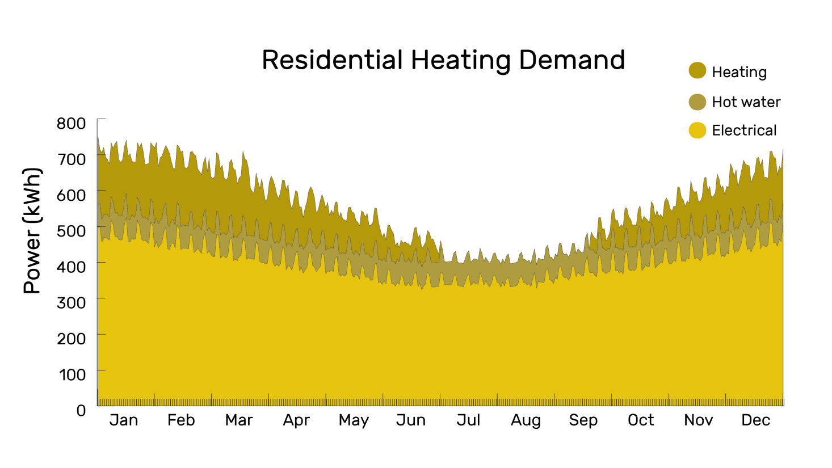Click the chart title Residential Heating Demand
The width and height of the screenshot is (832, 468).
[x=443, y=60]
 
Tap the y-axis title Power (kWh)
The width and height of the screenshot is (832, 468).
[x=32, y=231]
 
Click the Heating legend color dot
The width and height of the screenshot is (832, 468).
[x=697, y=71]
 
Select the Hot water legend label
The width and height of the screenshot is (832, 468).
[x=746, y=102]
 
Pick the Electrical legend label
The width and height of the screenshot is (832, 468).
[x=743, y=130]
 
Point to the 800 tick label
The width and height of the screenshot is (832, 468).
[x=71, y=123]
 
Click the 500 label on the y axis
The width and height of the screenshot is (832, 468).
[x=71, y=231]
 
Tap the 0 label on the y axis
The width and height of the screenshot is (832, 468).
[x=81, y=410]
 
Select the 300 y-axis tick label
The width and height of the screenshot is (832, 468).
[x=71, y=302]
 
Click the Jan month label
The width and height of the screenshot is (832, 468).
[x=124, y=420]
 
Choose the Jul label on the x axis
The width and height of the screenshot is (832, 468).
[x=468, y=420]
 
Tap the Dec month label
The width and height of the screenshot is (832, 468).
[x=755, y=420]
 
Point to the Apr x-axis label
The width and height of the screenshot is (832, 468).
[x=296, y=420]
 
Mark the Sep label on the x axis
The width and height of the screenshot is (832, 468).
[x=583, y=420]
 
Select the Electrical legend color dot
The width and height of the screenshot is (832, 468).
[x=697, y=130]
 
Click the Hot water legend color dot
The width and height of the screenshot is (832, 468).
[x=697, y=102]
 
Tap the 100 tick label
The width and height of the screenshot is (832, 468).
[x=72, y=374]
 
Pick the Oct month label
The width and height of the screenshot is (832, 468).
[x=641, y=420]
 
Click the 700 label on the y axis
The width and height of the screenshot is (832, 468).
[x=71, y=159]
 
